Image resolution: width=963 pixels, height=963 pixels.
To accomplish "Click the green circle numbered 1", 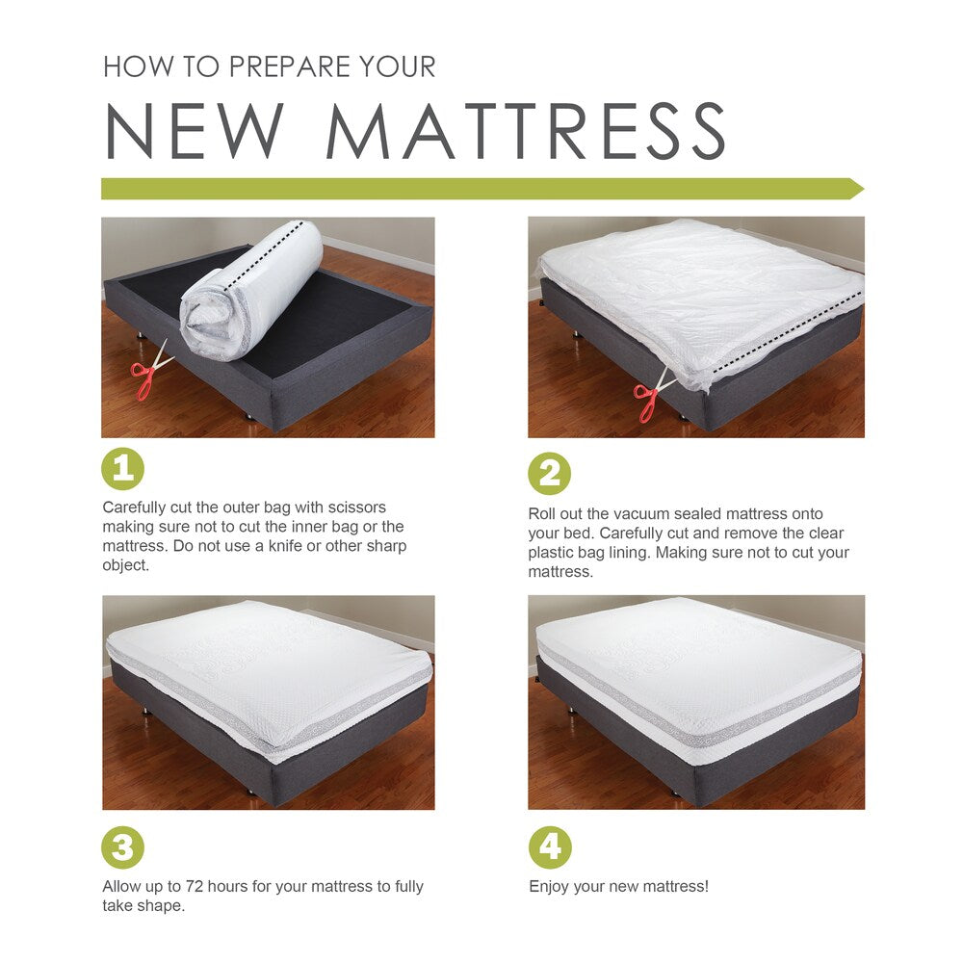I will (122, 470).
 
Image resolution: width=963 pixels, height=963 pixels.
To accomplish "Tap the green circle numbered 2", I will (549, 474).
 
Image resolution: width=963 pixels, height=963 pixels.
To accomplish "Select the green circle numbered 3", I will (122, 848).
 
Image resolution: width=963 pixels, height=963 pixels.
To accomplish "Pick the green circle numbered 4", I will (550, 848).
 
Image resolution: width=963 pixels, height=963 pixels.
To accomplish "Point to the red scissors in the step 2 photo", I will (649, 398).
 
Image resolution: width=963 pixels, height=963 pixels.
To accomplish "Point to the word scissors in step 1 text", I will (355, 508).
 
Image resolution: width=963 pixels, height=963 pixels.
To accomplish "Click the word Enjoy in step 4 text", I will (549, 887).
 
